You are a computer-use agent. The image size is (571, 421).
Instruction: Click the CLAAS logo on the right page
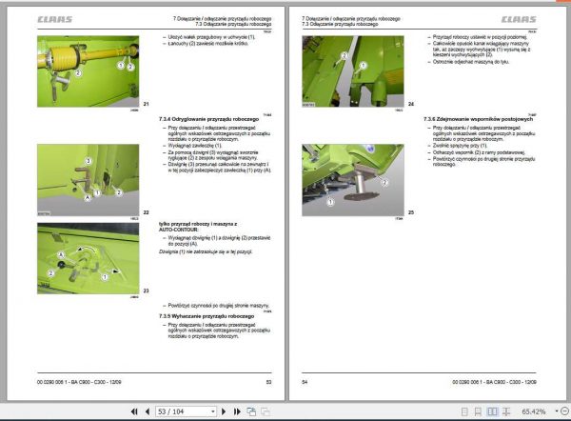point(519,18)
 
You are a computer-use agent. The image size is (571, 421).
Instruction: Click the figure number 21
point(146,103)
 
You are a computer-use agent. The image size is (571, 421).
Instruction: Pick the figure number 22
point(146,210)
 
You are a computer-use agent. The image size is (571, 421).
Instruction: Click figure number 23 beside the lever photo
point(146,289)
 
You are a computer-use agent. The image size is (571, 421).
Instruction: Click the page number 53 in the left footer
point(269,382)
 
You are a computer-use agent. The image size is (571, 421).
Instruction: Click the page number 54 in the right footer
point(305,382)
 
